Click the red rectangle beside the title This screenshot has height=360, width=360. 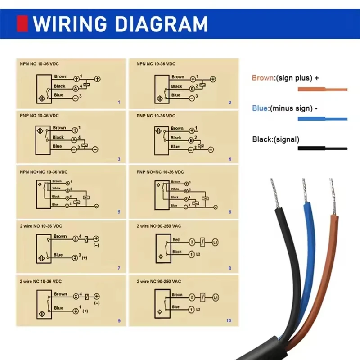point(22,23)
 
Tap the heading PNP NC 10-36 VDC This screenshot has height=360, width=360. point(156,116)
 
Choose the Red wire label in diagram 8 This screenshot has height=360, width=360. point(176,240)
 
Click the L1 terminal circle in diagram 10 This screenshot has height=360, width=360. point(216,297)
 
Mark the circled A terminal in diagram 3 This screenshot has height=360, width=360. point(73,140)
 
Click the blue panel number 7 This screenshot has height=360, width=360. point(119,269)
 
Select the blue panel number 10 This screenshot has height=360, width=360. point(229,320)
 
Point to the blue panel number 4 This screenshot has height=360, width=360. point(229,159)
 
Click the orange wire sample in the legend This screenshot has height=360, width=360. point(322,90)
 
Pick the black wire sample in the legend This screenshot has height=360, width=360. point(322,148)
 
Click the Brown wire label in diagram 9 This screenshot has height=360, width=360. point(60,294)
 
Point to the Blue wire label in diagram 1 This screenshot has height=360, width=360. point(59,95)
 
